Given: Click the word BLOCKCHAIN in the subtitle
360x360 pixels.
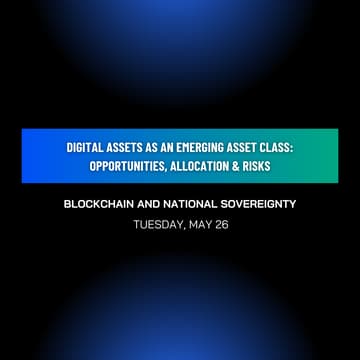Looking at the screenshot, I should pyautogui.click(x=101, y=204).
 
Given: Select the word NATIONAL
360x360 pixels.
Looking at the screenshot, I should pyautogui.click(x=197, y=204).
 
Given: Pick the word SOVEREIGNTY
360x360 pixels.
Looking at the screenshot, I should pyautogui.click(x=262, y=204).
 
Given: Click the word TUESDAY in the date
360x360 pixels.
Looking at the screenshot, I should pyautogui.click(x=157, y=225).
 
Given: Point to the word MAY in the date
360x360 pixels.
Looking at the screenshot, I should pyautogui.click(x=199, y=225).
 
